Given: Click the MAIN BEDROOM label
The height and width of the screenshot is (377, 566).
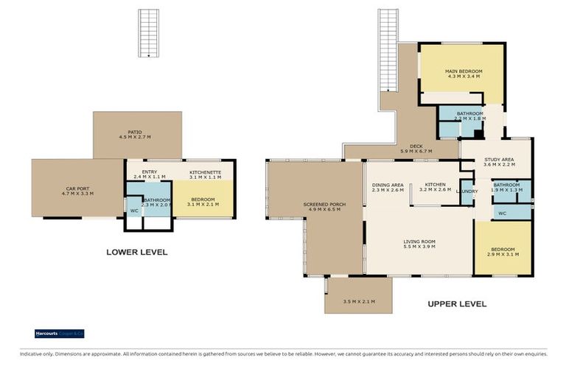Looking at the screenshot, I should tap(464, 71).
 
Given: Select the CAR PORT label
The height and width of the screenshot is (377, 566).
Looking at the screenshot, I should tap(77, 189).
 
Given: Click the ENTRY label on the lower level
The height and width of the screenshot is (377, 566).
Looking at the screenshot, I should tap(150, 172).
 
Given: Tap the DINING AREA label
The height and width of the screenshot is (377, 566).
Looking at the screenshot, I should tap(388, 185).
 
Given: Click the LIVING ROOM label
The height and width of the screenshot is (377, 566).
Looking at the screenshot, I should tap(419, 241).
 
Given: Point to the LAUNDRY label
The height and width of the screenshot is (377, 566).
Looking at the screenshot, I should tap(467, 191).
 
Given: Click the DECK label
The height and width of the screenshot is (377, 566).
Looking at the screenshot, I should tap(416, 146).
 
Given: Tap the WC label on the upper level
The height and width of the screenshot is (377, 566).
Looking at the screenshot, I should tap(502, 214).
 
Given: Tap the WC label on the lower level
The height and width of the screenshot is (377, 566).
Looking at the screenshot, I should tap(134, 211).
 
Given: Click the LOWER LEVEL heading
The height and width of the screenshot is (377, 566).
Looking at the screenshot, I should tap(136, 252).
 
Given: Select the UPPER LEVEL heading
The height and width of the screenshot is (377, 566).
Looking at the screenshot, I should tap(457, 303).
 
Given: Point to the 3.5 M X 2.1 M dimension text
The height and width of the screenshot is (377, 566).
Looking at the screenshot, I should tap(358, 300).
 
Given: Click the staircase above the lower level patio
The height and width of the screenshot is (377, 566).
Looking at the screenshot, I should tap(149, 34).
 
